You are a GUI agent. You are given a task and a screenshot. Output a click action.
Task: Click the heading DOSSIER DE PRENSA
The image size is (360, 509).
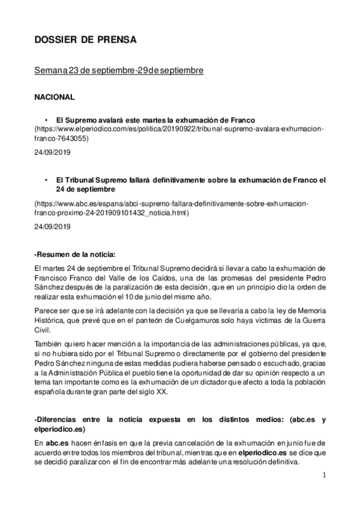point(85,40)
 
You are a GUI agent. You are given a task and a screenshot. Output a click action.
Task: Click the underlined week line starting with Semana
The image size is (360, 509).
point(118,71)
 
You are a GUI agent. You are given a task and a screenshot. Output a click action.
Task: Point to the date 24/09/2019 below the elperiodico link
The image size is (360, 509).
point(52,154)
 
